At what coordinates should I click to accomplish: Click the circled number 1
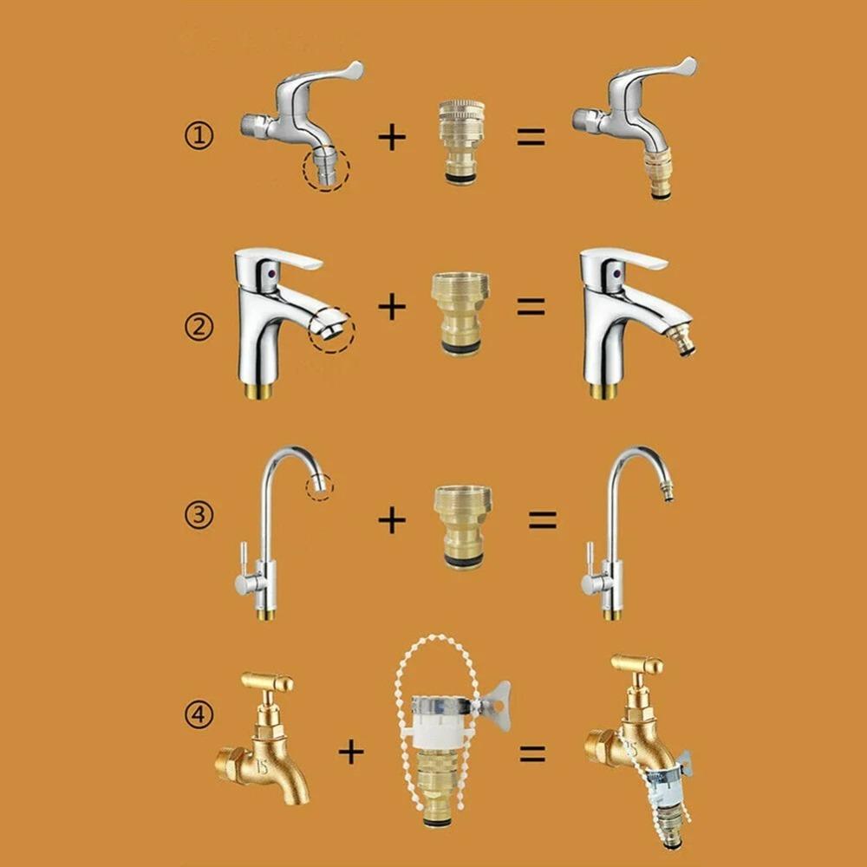click(199, 136)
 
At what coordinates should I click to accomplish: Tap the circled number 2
click(199, 328)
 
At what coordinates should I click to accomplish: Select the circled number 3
click(199, 515)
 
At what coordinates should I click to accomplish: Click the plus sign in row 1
click(392, 137)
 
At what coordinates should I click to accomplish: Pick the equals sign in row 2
click(531, 306)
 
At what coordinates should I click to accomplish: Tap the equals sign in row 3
click(543, 519)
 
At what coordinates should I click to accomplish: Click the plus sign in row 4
click(350, 752)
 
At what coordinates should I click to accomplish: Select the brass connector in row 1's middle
click(461, 140)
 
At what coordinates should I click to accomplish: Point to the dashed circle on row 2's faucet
click(331, 329)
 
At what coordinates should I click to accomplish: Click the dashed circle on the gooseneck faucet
click(319, 486)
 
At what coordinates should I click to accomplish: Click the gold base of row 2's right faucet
click(604, 391)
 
